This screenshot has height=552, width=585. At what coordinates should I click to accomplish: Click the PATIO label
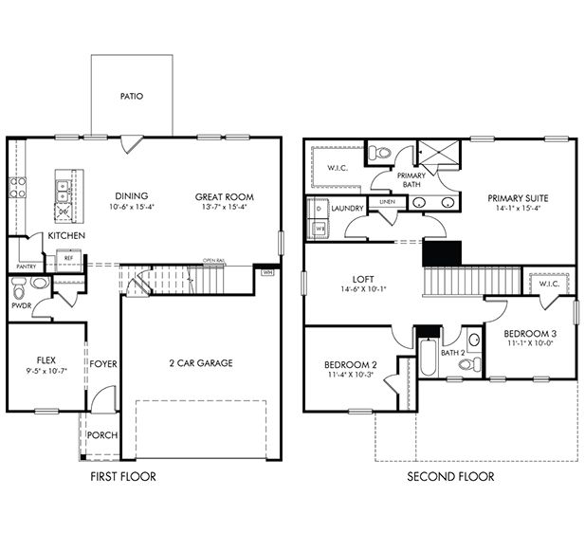point(132,96)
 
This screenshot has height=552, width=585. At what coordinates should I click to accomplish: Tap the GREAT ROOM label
point(225,197)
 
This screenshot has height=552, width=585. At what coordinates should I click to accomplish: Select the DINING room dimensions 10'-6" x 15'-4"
point(133,208)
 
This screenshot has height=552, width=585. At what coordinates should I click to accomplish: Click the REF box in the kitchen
point(69,256)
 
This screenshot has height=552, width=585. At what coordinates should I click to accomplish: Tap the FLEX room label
point(46,360)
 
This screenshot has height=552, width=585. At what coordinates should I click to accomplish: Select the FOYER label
point(102,363)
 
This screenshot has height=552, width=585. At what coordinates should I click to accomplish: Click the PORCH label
point(102,435)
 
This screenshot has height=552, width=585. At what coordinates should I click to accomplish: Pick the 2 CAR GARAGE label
point(200,362)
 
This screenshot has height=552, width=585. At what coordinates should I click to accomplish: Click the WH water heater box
point(268,271)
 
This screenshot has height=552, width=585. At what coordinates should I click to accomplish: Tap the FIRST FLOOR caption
point(122,476)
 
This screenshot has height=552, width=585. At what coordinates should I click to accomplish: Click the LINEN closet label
point(386,202)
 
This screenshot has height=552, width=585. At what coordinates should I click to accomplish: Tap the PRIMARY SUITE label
point(518,197)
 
